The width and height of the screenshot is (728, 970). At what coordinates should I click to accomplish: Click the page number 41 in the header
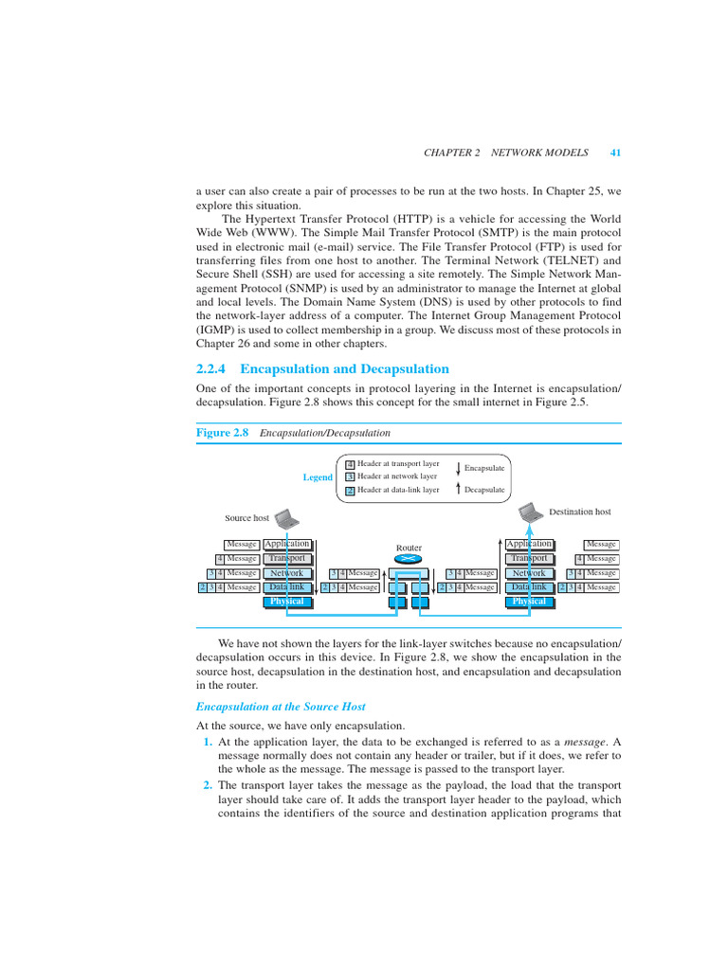point(615,153)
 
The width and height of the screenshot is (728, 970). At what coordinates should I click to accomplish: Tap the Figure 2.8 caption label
point(222,432)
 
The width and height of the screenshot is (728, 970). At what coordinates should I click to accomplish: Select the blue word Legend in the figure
point(318,477)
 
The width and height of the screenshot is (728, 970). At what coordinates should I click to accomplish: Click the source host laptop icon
point(286,517)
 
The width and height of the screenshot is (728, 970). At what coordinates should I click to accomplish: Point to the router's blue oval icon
point(409,559)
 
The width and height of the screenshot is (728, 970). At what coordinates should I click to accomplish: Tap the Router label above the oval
point(409,548)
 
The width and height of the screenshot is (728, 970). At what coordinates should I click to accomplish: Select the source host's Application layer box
point(287,544)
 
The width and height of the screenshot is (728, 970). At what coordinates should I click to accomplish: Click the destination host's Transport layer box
point(529,559)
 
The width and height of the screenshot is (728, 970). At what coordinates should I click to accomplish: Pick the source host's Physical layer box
point(287,602)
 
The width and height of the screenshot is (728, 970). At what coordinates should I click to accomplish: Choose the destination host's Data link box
point(529,587)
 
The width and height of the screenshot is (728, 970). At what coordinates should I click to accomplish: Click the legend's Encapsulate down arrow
point(458,468)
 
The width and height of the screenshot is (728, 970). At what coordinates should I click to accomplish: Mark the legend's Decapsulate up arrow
point(458,490)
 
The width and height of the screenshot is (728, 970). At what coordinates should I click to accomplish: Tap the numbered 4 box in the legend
point(350,464)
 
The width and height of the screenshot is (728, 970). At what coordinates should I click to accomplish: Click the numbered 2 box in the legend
point(350,491)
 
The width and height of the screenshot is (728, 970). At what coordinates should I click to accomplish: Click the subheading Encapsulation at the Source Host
point(280,707)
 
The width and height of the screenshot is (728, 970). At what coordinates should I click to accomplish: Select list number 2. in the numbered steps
point(208,785)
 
